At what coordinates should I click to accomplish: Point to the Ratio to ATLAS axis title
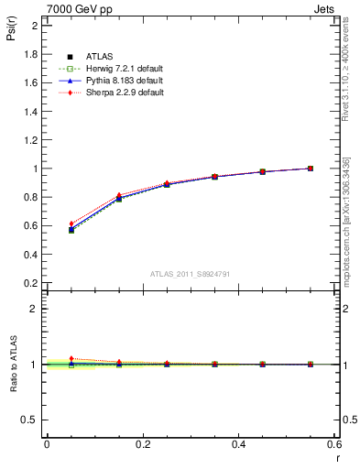(x=12, y=365)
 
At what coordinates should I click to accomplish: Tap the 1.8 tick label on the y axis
(x=30, y=54)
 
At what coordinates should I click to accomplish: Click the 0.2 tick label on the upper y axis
(x=30, y=283)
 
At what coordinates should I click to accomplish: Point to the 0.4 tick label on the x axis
(x=238, y=444)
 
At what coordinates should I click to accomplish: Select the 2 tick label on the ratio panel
(x=35, y=309)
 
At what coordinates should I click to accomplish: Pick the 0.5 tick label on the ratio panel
(x=30, y=420)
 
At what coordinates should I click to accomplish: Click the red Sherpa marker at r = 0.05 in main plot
(x=71, y=224)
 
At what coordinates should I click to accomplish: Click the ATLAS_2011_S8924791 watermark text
(x=190, y=273)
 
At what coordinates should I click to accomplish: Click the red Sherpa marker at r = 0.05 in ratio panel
(x=71, y=358)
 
